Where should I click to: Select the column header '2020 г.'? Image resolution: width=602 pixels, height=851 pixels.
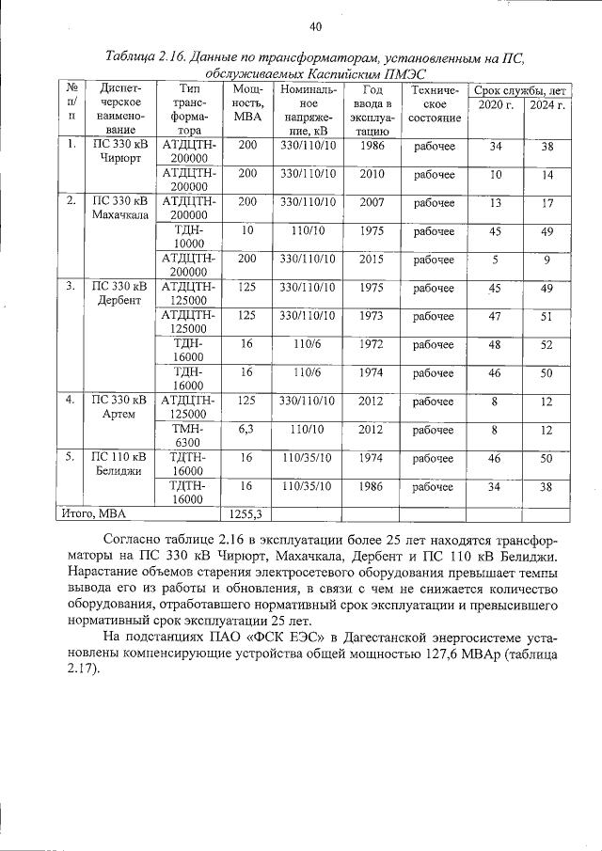coord(495,104)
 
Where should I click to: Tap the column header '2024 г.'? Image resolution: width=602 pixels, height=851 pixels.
coord(547,104)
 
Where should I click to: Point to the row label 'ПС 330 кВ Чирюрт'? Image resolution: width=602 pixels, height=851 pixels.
coord(119,153)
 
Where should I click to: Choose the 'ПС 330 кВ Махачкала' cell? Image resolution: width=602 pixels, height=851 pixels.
coord(119,210)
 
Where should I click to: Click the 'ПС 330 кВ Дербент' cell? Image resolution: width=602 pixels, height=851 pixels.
coord(119,294)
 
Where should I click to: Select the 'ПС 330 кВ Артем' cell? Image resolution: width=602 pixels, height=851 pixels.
coord(119,407)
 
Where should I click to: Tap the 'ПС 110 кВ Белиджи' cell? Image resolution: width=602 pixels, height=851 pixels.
coord(119,464)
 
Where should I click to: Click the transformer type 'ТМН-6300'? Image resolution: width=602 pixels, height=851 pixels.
coord(188,435)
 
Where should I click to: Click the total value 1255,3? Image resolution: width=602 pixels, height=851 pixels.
coord(246,513)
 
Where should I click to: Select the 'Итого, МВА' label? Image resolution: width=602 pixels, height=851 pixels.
coord(94,513)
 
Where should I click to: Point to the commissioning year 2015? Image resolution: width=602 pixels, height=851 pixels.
coord(372,260)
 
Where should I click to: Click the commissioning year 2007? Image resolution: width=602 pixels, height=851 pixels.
coord(372,203)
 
